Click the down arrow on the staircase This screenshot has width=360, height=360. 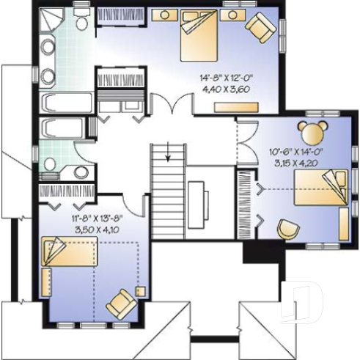coord(168,154)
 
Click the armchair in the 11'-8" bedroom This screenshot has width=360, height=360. coord(121,302)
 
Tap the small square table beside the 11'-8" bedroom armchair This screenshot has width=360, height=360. coord(140,291)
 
